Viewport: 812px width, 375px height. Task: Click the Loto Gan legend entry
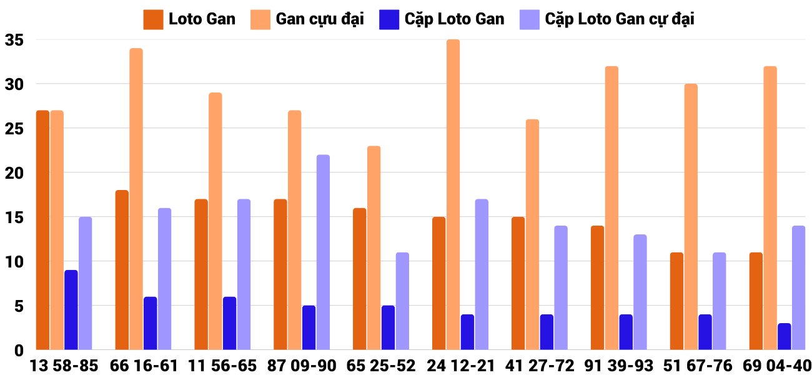[190, 19]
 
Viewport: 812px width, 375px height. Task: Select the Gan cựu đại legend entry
[307, 19]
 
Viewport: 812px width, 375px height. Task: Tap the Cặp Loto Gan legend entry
[442, 19]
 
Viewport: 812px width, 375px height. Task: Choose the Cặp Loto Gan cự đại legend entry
[607, 19]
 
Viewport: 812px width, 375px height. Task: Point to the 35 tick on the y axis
[14, 40]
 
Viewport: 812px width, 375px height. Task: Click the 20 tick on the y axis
[14, 173]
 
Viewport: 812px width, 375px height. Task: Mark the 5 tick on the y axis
[18, 306]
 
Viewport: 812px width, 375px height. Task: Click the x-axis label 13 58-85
[64, 366]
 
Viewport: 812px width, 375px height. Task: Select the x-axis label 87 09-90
[302, 366]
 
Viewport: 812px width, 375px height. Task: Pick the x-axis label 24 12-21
[460, 366]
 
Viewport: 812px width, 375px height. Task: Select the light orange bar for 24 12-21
[453, 194]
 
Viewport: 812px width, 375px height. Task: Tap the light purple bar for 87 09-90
[323, 252]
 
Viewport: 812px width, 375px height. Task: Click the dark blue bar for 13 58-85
[71, 310]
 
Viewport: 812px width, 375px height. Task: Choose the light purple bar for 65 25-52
[402, 301]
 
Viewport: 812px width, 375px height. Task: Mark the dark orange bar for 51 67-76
[676, 301]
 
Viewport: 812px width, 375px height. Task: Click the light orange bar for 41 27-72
[532, 234]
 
